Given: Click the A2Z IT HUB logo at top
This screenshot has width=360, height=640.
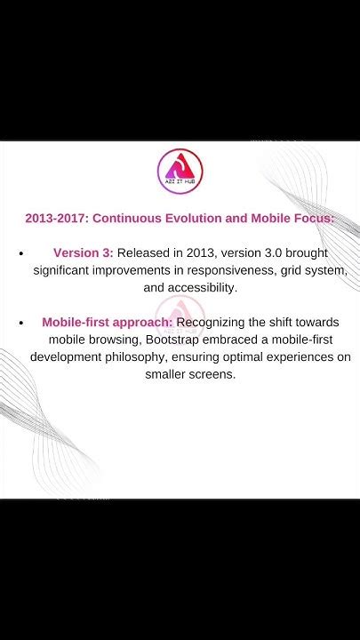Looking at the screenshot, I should point(180,170).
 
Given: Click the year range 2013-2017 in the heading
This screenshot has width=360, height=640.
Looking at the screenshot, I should point(55,218).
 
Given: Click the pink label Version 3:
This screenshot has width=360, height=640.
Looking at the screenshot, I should point(83,253).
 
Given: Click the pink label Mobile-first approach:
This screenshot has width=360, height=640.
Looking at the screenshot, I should point(107,322).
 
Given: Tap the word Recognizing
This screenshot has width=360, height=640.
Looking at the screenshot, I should point(215,322).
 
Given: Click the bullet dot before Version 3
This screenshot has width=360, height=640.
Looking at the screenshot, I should point(20,254).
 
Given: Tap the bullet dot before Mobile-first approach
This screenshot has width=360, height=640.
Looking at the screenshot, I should point(20,323).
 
